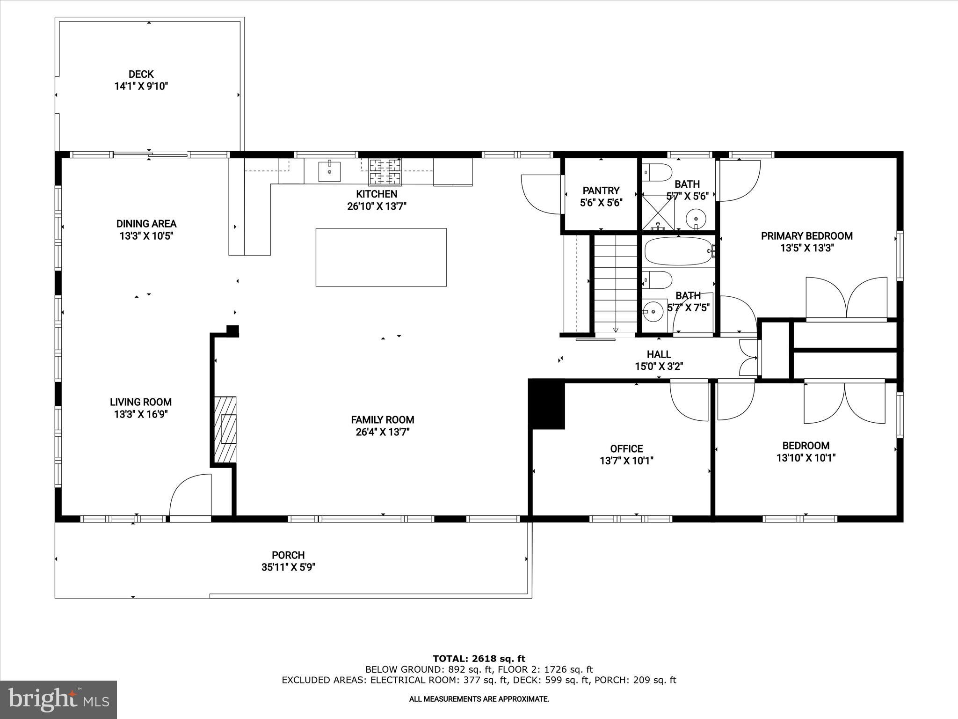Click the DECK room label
click(x=141, y=74)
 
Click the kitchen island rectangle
click(x=381, y=257)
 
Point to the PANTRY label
click(x=601, y=191)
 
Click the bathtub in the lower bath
click(x=678, y=251)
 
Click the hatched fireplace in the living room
click(x=225, y=429)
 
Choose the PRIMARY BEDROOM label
click(x=806, y=236)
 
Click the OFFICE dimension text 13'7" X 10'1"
click(x=626, y=461)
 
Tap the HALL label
click(x=659, y=354)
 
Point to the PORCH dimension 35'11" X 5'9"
click(x=288, y=567)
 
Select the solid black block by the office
click(x=547, y=404)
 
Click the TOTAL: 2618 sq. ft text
click(x=479, y=659)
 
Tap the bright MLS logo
click(x=58, y=699)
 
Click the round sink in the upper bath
click(x=696, y=218)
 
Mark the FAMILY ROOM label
click(x=383, y=419)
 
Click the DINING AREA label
click(x=146, y=224)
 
